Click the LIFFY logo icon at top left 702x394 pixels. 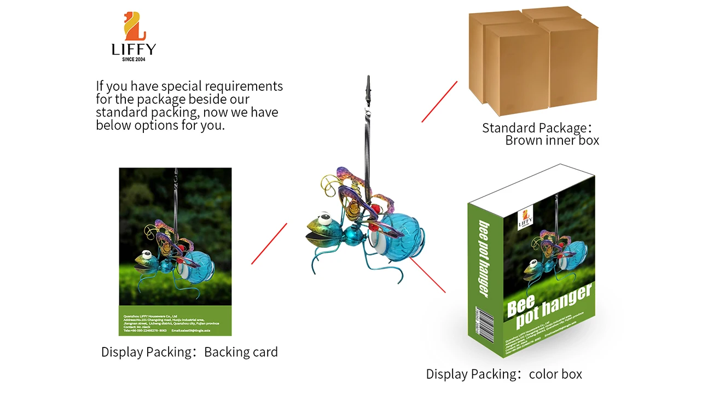click(134, 26)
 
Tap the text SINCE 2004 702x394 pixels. click(134, 59)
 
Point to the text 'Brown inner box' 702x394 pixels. click(552, 141)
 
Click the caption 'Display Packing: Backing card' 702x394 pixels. click(189, 352)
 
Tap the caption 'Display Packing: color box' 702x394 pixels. click(503, 374)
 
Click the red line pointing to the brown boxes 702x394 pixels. click(439, 102)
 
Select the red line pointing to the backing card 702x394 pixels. click(269, 244)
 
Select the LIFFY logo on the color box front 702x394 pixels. click(525, 217)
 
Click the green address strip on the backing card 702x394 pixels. click(175, 321)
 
